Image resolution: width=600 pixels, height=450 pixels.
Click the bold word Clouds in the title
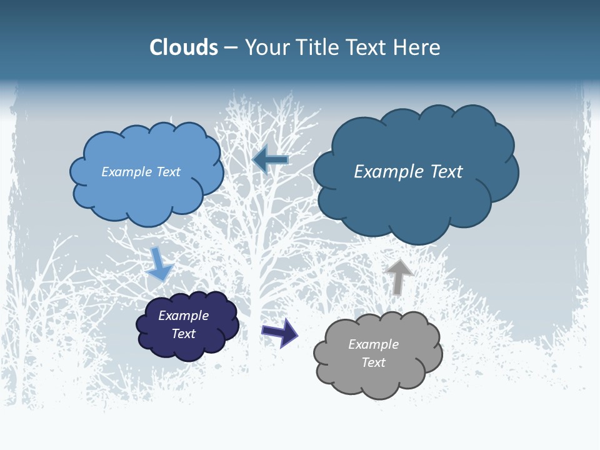point(184,47)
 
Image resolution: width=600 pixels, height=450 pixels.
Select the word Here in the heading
point(419,47)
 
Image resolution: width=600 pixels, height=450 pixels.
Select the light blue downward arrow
point(159,264)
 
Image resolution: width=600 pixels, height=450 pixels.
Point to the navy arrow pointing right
point(280,332)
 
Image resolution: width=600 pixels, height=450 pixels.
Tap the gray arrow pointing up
point(398,276)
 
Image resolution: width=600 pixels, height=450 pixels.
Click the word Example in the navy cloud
point(183,316)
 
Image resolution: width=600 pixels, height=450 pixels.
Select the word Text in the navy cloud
point(184,334)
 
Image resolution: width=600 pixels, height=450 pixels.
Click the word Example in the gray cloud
point(373,344)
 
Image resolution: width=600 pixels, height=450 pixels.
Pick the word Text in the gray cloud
point(373,362)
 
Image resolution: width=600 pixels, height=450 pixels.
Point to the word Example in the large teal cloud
point(387,172)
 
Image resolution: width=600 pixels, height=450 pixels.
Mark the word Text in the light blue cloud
point(168,172)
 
